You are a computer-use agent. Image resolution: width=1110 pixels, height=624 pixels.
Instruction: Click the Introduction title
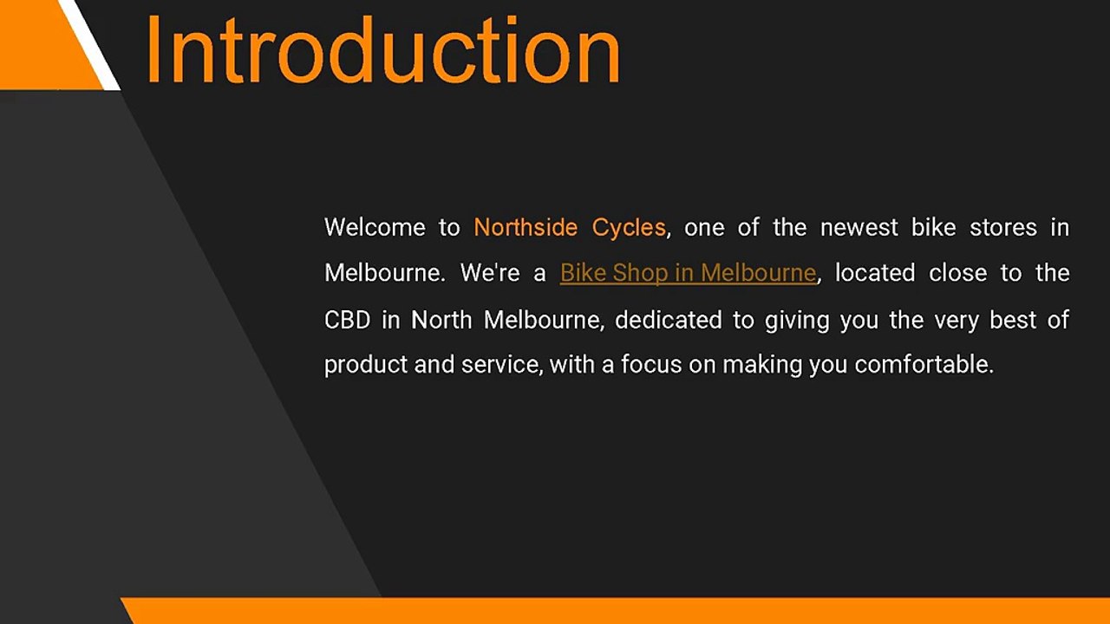(x=382, y=49)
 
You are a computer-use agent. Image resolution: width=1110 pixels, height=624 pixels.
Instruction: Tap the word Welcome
(x=375, y=227)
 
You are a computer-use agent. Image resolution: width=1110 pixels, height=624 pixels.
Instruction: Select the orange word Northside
(x=526, y=227)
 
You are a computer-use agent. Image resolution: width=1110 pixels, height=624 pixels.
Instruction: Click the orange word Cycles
(x=629, y=227)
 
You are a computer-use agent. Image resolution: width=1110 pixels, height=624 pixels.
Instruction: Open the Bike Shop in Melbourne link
(x=688, y=273)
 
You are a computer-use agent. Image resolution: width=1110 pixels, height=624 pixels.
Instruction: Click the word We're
(x=490, y=273)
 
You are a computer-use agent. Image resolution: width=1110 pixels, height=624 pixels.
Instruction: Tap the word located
(x=874, y=273)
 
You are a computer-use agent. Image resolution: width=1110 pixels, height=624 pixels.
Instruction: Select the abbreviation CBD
(x=347, y=320)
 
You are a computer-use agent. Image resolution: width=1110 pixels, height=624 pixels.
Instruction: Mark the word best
(x=1013, y=320)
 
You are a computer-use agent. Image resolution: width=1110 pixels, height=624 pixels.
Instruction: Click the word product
(x=365, y=365)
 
